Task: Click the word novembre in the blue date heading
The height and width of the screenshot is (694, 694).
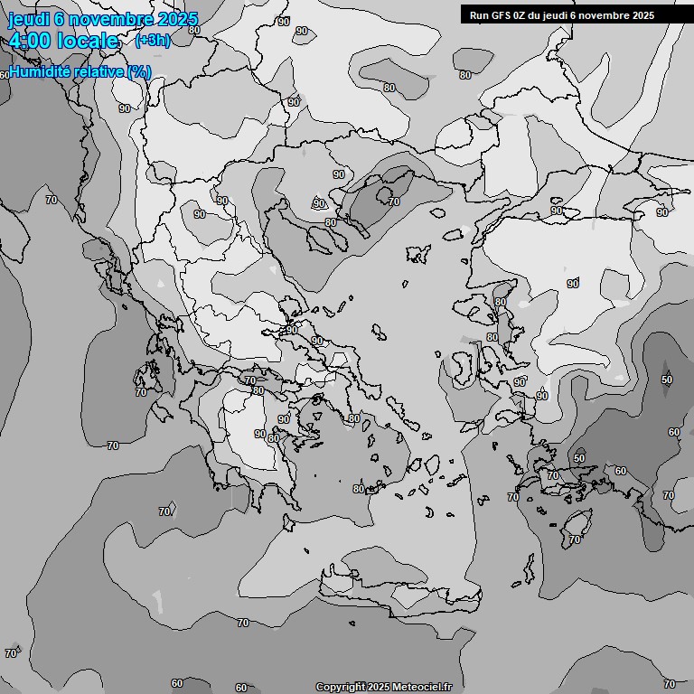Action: pos(112,19)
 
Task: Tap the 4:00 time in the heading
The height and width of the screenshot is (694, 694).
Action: pos(34,41)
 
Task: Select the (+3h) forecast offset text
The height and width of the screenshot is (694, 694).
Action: pos(152,40)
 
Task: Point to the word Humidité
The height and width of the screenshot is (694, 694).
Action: pos(41,71)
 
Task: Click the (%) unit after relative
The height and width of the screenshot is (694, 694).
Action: pos(138,71)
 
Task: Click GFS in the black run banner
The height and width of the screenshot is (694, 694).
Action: pos(500,15)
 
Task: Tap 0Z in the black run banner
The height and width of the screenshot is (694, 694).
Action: pos(520,15)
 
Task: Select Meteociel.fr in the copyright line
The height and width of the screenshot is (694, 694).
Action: pos(420,687)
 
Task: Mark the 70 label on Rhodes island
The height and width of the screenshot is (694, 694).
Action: pos(575,539)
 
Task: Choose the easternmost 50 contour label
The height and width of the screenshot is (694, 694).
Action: pos(667,380)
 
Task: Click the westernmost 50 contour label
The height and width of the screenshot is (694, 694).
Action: pos(579,458)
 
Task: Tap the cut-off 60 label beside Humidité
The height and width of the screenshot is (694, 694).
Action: pos(5,74)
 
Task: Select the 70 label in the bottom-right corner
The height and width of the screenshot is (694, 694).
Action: pos(669,684)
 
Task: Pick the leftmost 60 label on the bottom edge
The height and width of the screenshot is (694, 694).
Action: pos(177,684)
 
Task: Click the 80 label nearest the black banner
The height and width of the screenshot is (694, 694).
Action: pos(465,75)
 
